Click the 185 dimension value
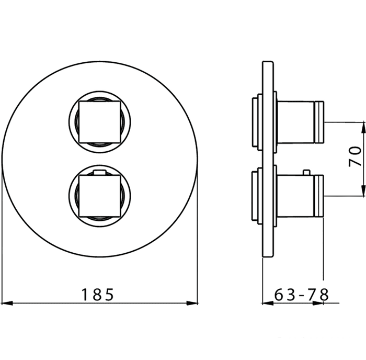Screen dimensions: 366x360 click(97, 295)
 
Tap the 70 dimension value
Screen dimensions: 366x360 click(355, 156)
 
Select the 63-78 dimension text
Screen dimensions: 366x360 click(301, 295)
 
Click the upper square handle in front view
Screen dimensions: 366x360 click(100, 122)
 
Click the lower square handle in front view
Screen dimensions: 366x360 click(100, 196)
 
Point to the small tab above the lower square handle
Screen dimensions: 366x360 click(100, 173)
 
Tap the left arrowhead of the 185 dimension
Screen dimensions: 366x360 click(7, 303)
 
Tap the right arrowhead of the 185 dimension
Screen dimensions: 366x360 click(192, 303)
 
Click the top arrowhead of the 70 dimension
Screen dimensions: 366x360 click(363, 128)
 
